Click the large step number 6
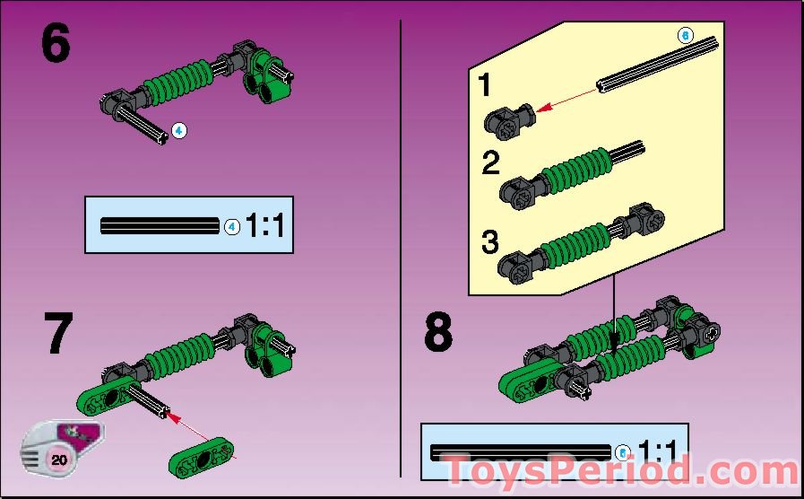pos(55,45)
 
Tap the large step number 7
pos(57,334)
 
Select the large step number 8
pos(438,332)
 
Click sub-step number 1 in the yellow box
pos(484,87)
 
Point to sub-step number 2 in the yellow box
pos(490,163)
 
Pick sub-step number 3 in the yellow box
pos(488,242)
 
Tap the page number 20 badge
pos(60,460)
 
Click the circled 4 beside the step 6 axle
pos(179,131)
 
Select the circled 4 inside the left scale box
pos(231,227)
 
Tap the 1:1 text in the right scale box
pos(659,451)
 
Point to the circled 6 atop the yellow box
pos(686,36)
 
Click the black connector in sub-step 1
pos(508,119)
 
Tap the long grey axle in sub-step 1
pos(658,65)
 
